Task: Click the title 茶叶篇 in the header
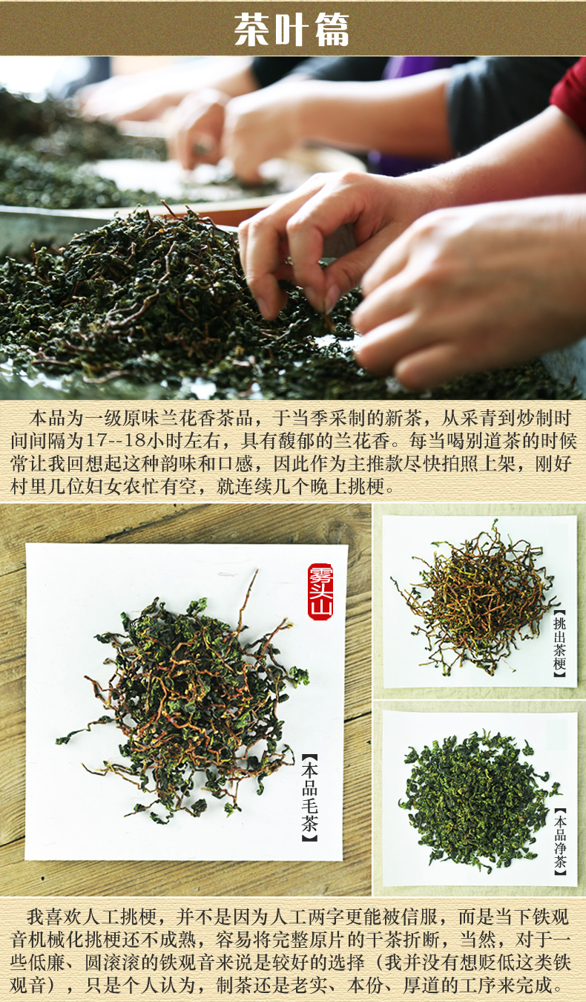tap(292, 30)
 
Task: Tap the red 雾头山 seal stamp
tap(320, 592)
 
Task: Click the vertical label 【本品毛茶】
tap(309, 797)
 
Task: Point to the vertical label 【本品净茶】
tap(559, 842)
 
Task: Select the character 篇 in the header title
tap(332, 30)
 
